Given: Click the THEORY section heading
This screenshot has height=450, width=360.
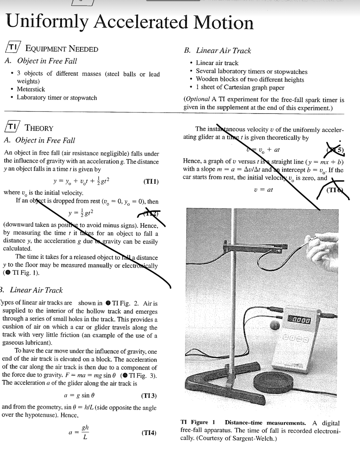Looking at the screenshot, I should (x=40, y=128).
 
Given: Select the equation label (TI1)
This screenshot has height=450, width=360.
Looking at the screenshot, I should (x=151, y=181).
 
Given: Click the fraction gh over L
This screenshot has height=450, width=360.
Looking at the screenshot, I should (x=86, y=433).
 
